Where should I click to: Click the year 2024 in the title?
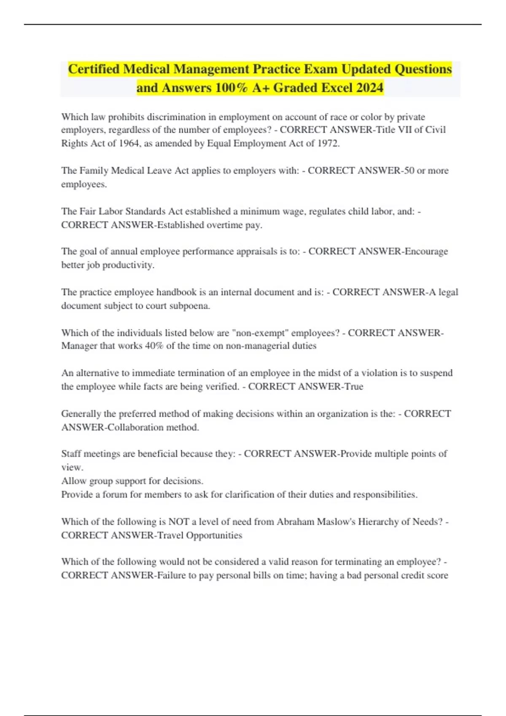point(369,88)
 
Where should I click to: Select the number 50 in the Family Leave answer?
point(409,171)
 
